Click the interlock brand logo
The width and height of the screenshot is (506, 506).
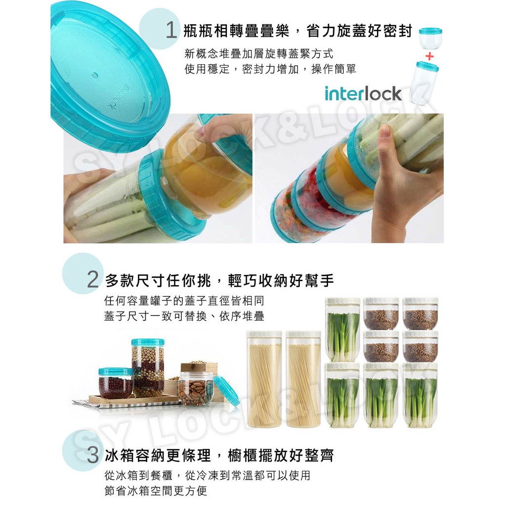click(x=363, y=93)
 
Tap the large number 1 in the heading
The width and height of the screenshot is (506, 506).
click(x=171, y=30)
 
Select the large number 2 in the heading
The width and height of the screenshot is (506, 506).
click(x=93, y=280)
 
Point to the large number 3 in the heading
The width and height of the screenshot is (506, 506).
click(x=93, y=455)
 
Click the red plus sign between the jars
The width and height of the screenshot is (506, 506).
click(x=429, y=56)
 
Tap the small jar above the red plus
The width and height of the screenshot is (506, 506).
click(x=430, y=39)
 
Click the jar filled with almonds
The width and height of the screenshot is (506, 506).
click(x=196, y=389)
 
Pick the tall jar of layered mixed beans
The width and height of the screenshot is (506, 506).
click(x=148, y=368)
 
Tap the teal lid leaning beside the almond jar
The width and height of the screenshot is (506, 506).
click(x=226, y=390)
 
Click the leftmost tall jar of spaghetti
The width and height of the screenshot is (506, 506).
click(x=264, y=379)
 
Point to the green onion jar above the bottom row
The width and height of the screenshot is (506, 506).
click(x=342, y=329)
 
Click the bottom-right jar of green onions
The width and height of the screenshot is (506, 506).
click(x=420, y=396)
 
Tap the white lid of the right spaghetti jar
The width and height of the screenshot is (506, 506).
click(x=303, y=335)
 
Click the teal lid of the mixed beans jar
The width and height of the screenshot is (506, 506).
click(x=148, y=342)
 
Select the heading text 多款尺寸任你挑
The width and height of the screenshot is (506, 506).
click(x=158, y=280)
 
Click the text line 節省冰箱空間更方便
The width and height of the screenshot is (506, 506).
click(x=156, y=491)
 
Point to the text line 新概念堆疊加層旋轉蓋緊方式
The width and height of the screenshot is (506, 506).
click(x=259, y=53)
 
